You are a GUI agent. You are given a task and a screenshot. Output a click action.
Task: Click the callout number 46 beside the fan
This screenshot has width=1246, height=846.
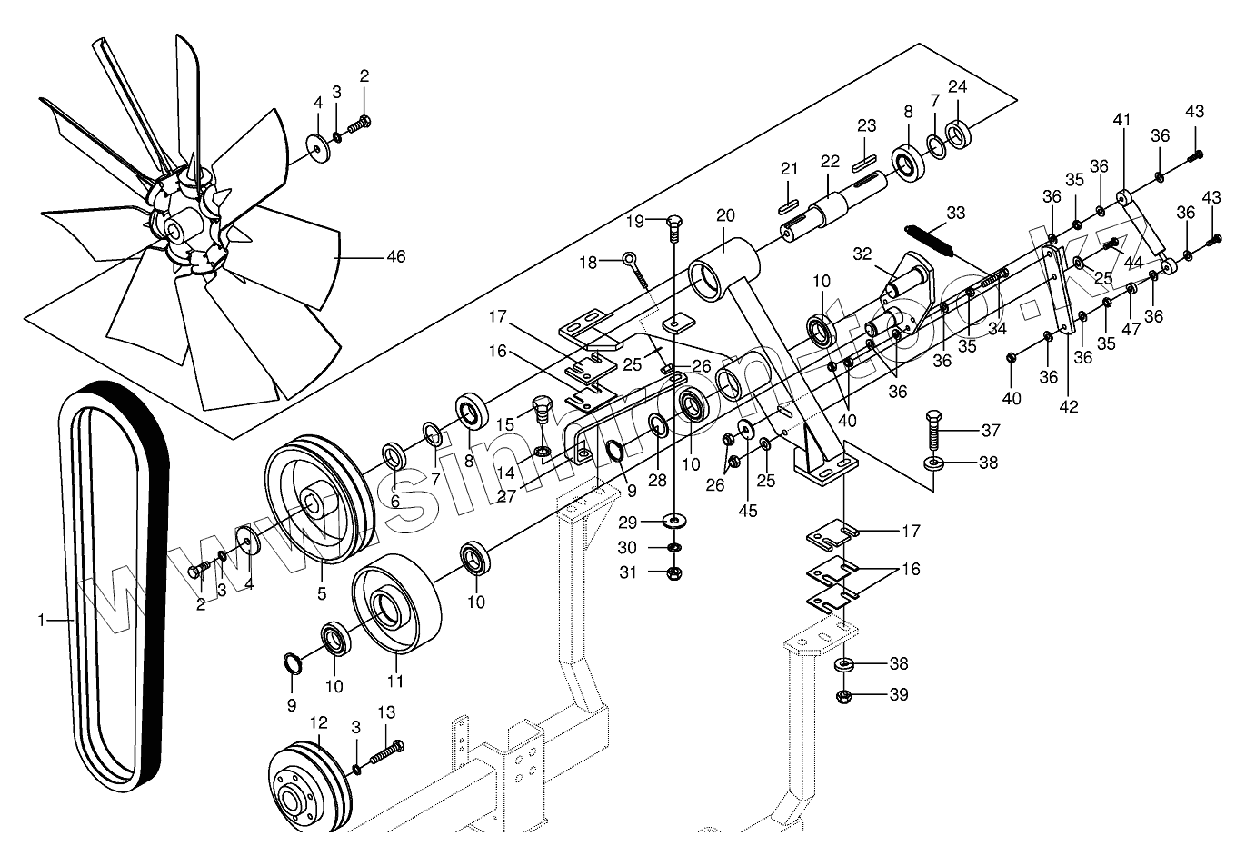click(395, 257)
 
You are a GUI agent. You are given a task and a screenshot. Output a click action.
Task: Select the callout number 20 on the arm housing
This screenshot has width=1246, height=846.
click(724, 216)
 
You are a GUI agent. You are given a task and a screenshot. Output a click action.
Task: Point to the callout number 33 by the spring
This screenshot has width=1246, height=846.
click(955, 213)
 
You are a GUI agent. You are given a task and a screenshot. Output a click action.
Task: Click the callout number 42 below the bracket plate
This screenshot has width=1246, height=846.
click(1069, 406)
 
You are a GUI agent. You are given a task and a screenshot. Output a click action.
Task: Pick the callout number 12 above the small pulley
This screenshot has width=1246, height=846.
click(318, 722)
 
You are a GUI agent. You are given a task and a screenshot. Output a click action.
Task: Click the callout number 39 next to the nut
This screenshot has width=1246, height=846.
click(899, 695)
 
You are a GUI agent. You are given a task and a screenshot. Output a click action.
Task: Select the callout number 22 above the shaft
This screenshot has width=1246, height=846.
click(830, 161)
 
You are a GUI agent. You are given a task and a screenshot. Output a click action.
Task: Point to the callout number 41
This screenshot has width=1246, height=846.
click(1122, 119)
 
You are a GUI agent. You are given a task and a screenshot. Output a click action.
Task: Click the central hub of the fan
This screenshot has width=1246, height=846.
click(174, 224)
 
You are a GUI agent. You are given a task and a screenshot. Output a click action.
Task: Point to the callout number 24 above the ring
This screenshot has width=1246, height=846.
click(957, 87)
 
